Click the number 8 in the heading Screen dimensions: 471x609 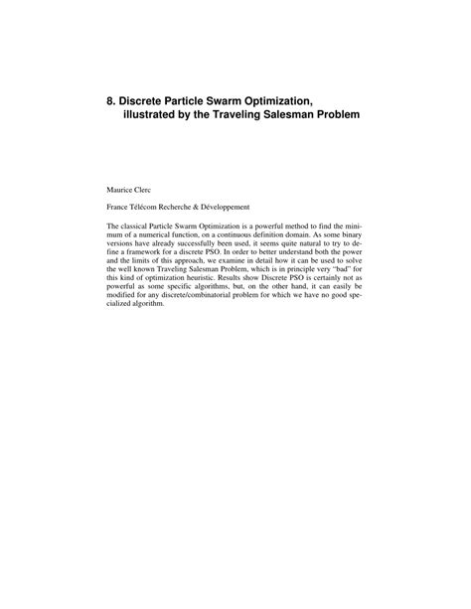click(x=111, y=100)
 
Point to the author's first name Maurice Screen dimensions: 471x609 click(x=121, y=187)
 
